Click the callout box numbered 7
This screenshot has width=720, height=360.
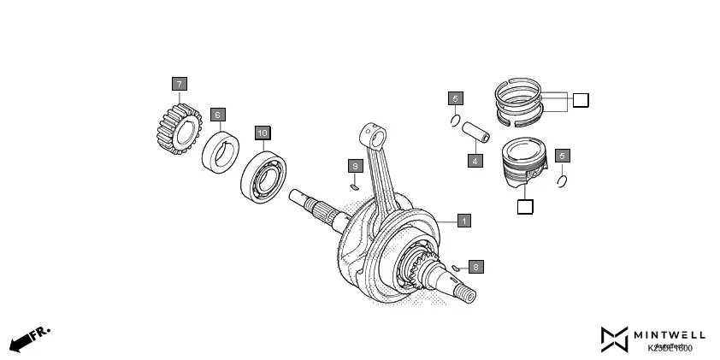point(179,84)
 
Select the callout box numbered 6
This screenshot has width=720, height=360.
point(217,114)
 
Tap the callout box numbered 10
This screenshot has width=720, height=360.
point(263,133)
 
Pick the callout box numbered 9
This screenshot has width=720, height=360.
point(355,165)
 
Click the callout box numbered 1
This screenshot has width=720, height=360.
point(463,221)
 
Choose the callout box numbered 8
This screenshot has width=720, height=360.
point(476,267)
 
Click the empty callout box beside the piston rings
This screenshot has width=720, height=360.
point(581,101)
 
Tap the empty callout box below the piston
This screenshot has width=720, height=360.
point(525,207)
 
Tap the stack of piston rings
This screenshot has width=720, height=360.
point(518,97)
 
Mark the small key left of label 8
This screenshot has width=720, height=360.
point(457,269)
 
